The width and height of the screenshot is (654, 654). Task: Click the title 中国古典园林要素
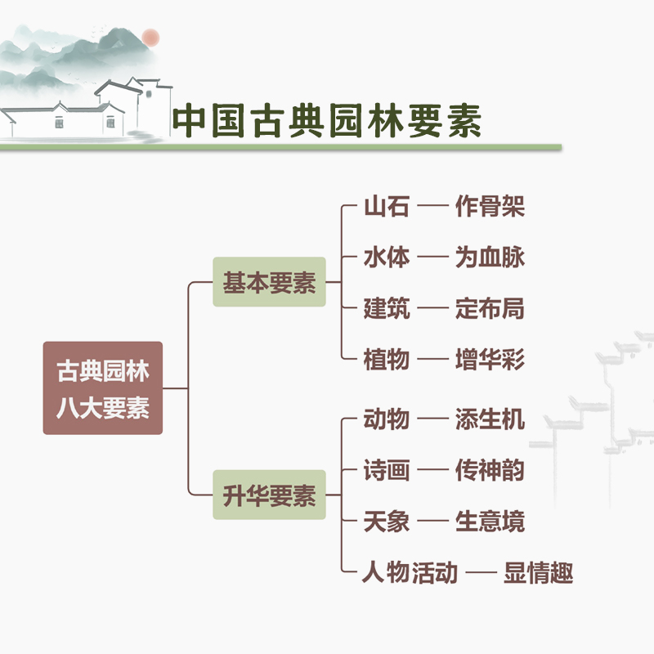coord(327,121)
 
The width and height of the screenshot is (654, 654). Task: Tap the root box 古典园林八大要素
coord(103,387)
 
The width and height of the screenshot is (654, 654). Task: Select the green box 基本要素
coord(269,283)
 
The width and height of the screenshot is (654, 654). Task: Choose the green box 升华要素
coord(269,495)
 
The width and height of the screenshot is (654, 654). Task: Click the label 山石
coord(386,207)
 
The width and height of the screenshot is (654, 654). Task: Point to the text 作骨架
coord(489,207)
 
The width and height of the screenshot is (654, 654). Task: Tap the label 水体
coord(386,258)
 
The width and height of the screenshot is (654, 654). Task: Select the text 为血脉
coord(489,258)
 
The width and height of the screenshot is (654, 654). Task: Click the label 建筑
coord(386,309)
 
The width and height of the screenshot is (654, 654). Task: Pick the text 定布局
coord(489,309)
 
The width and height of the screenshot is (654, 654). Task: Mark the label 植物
coord(386,359)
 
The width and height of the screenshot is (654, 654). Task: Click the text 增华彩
coord(489,359)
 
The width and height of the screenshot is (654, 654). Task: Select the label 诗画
coord(386,471)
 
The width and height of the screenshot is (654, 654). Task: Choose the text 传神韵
coord(489,471)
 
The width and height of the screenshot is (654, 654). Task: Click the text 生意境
coord(489,522)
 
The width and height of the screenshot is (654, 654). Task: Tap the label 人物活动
coord(410,572)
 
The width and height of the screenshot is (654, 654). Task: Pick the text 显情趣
coord(538,572)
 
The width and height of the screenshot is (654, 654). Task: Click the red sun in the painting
coord(150,37)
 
